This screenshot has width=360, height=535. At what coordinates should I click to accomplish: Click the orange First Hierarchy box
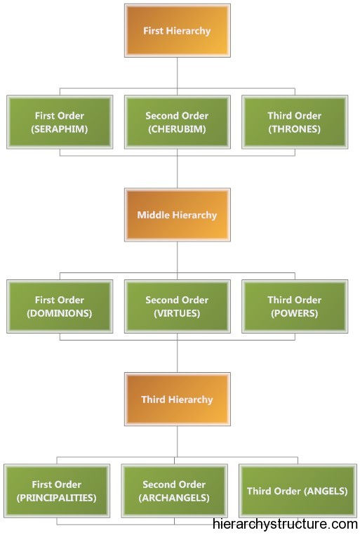(178, 30)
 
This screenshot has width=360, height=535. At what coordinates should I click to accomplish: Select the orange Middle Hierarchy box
(178, 215)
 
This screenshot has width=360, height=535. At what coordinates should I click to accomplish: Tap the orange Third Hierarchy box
(178, 399)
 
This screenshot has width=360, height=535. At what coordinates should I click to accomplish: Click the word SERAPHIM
(60, 129)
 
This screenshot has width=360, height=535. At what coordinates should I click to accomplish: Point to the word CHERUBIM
(177, 129)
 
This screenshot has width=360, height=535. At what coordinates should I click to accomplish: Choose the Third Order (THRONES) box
(295, 122)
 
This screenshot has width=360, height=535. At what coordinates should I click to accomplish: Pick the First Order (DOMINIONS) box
(60, 306)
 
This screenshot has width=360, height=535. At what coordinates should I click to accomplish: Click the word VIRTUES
(177, 314)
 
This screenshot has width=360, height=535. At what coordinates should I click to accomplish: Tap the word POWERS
(295, 314)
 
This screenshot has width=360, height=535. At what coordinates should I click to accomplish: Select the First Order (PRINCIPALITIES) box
(57, 491)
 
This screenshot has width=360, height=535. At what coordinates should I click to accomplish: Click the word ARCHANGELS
(174, 498)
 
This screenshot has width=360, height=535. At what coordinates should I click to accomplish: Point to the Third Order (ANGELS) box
(298, 491)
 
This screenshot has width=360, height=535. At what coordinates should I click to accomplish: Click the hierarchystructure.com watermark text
(285, 524)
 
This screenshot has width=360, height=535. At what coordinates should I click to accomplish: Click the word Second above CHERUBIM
(162, 116)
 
